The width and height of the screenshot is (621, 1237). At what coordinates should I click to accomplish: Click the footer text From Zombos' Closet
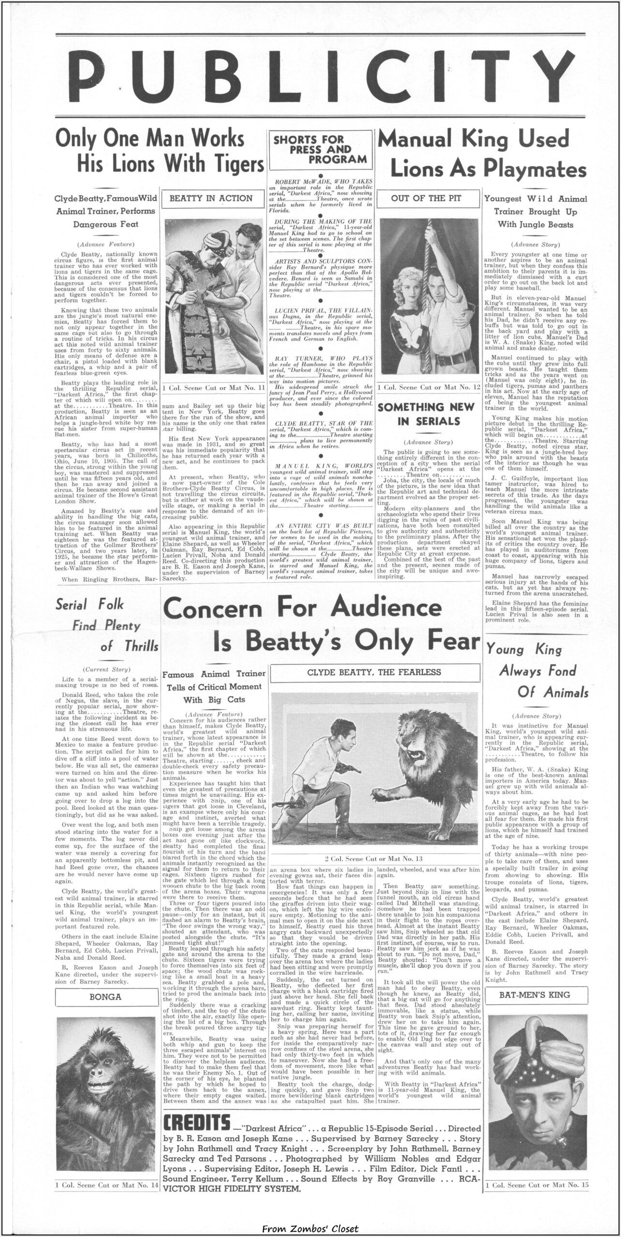coord(310,1224)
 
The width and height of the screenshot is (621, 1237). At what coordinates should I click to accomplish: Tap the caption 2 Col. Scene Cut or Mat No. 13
coord(374,859)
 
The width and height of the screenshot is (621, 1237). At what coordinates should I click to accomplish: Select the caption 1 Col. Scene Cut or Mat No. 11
coord(213,388)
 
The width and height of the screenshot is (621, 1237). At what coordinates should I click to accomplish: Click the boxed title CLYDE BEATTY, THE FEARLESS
coord(375,672)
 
